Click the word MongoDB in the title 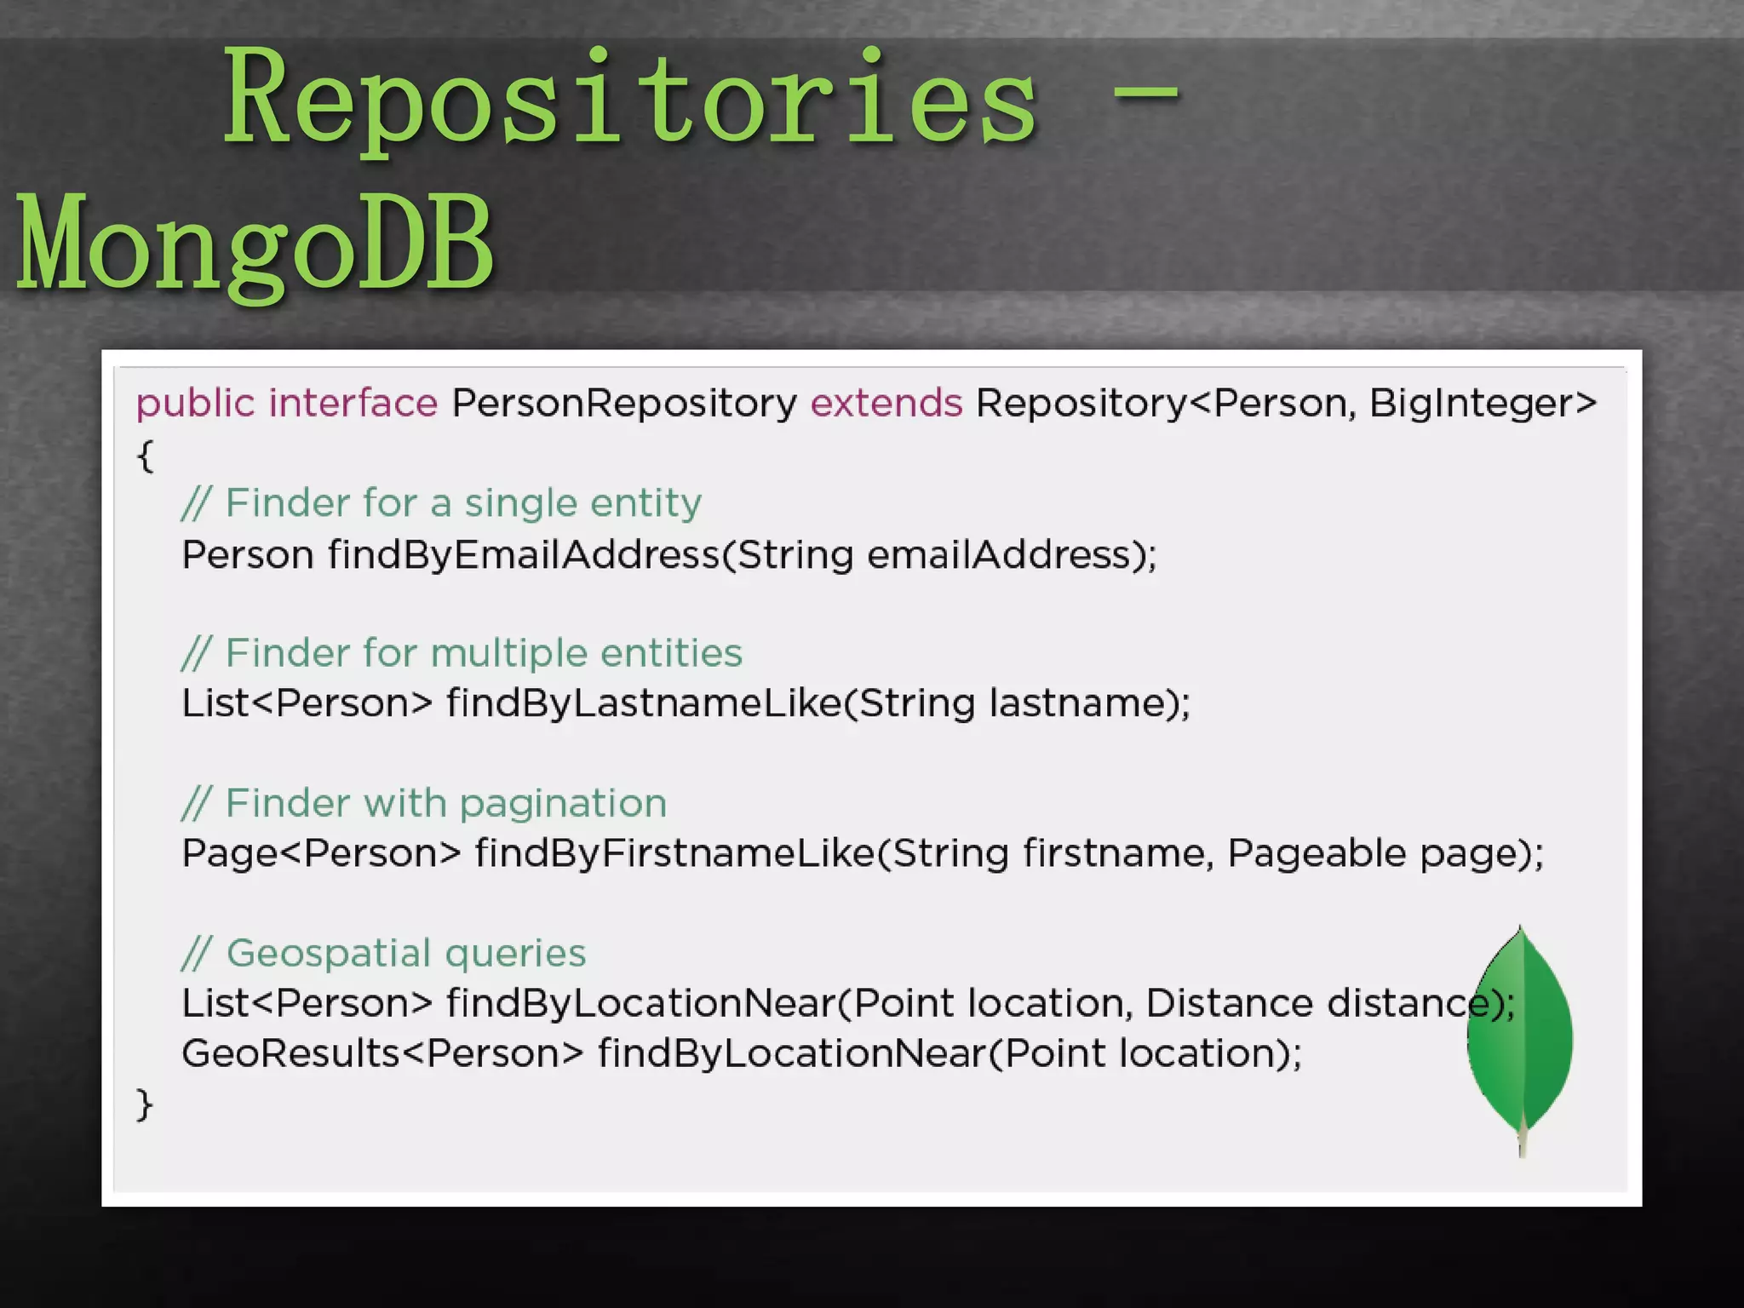point(255,243)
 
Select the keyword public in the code point(195,403)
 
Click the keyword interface point(353,403)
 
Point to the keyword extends point(886,403)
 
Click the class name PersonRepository point(623,403)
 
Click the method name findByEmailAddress point(524,555)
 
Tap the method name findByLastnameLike point(643,704)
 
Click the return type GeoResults point(290,1053)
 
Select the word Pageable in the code point(1316,853)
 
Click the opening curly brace point(145,455)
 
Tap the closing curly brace point(145,1104)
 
